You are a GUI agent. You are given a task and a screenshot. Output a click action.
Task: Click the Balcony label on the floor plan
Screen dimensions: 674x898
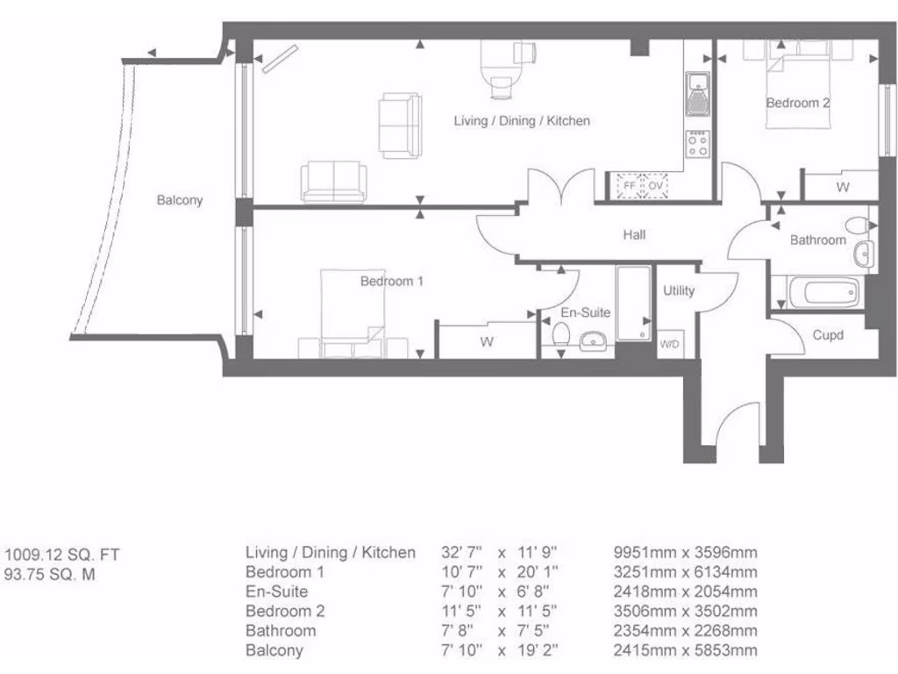click(x=180, y=200)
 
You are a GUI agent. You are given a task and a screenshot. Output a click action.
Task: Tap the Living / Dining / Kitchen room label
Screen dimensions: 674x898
click(x=522, y=120)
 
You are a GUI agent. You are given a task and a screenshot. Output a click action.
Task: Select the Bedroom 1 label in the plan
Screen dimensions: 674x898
click(x=392, y=282)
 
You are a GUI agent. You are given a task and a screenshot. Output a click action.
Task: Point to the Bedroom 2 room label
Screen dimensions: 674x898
click(x=797, y=103)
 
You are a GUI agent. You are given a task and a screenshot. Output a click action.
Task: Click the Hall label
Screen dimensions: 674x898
click(x=634, y=235)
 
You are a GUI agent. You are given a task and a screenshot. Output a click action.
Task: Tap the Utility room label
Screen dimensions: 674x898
click(x=679, y=290)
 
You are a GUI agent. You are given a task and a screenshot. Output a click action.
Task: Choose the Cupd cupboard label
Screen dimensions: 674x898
click(x=828, y=335)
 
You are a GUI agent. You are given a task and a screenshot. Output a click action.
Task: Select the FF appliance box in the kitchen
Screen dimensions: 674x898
click(x=628, y=186)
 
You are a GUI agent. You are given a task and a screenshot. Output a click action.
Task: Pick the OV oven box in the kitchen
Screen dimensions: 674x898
click(x=656, y=186)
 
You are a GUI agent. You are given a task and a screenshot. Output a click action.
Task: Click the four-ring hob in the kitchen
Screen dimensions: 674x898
click(x=698, y=145)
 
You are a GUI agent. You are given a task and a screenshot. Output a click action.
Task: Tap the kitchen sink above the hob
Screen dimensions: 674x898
click(x=698, y=93)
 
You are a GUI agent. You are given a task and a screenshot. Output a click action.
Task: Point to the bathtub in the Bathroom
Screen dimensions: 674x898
click(x=823, y=292)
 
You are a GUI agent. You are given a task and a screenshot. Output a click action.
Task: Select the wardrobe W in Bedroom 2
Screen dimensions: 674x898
click(x=842, y=187)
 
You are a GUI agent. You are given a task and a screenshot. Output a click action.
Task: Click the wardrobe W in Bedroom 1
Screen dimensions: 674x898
click(x=487, y=342)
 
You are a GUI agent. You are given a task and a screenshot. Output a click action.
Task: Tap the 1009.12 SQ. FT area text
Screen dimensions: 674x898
click(x=61, y=555)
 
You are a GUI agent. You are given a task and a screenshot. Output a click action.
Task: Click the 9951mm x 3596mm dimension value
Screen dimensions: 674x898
click(x=685, y=553)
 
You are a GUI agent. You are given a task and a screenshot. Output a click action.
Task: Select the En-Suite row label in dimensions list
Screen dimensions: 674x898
click(x=276, y=592)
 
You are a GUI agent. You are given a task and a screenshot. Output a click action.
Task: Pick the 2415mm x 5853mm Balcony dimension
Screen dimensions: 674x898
click(x=685, y=650)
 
